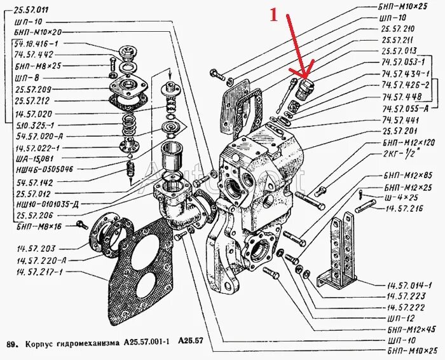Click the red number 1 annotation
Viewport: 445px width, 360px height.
274,15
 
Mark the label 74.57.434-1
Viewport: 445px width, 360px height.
405,74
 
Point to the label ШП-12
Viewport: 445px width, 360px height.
399,317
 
